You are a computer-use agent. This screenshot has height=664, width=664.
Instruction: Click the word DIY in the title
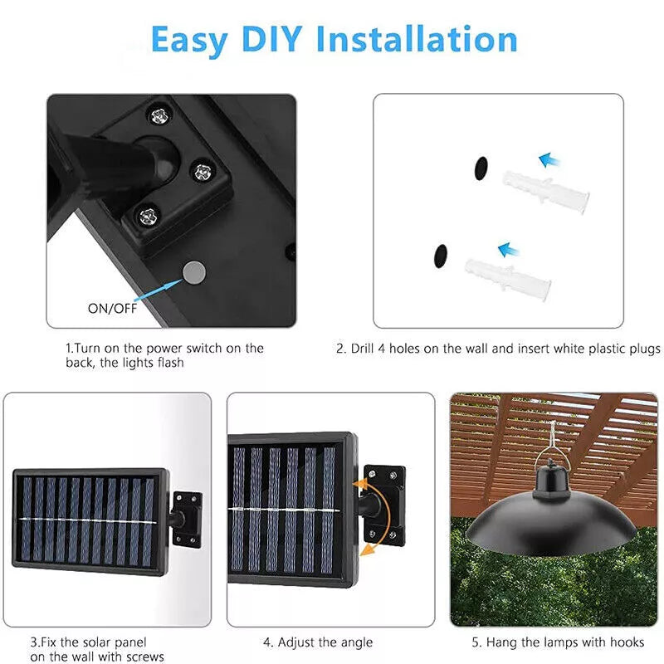[271, 39]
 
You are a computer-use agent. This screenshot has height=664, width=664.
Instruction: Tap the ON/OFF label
[113, 308]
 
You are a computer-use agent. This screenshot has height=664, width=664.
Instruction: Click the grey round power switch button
[194, 273]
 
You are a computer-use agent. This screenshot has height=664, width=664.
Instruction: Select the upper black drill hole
[481, 168]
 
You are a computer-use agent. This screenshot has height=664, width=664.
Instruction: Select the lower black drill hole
[441, 256]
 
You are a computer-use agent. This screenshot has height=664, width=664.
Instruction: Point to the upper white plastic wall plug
[546, 192]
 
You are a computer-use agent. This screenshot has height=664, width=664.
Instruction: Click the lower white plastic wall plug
[508, 279]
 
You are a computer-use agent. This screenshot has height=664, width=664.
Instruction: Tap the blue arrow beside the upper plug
[549, 160]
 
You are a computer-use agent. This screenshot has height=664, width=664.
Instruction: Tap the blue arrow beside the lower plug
[509, 250]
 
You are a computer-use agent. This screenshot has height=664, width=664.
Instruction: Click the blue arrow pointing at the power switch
[157, 290]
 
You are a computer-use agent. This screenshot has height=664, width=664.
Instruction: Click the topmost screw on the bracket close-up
[159, 115]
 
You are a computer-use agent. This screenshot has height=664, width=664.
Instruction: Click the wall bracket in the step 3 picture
[186, 520]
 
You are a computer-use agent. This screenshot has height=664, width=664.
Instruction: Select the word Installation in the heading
[417, 39]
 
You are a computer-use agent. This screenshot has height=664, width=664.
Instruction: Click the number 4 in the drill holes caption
[382, 349]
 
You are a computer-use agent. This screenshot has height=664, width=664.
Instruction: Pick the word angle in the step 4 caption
[355, 642]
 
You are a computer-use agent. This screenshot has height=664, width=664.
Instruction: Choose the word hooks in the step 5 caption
[625, 642]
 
